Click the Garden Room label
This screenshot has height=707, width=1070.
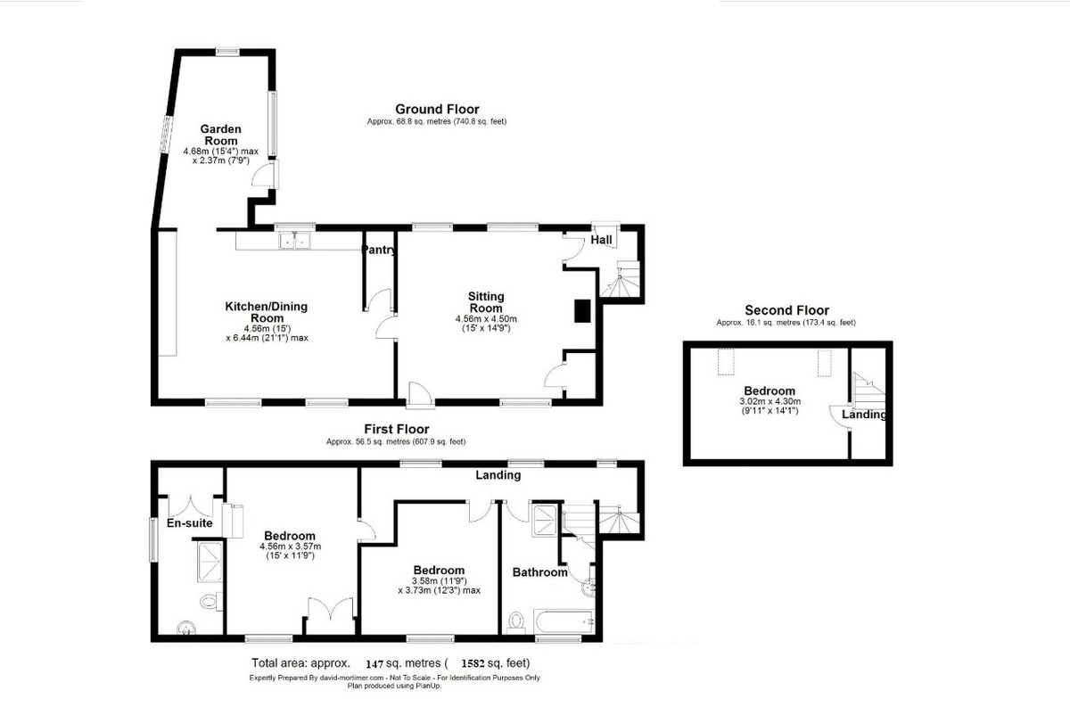coord(221,135)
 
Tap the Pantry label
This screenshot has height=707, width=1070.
coord(379,250)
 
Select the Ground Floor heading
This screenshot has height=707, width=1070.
coord(437,109)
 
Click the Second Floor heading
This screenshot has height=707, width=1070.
coord(786,310)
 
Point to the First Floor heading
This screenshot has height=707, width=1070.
coord(397,429)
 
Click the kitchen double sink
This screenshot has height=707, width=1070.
coord(295,241)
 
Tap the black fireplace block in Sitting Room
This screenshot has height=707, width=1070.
coord(581,310)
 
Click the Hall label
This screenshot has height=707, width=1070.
coord(601,240)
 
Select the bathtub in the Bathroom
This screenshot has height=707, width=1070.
coord(564,622)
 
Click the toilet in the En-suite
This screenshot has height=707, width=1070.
coord(211,601)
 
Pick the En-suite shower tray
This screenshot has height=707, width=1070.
coord(210,562)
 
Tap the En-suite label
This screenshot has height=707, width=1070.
coord(190,523)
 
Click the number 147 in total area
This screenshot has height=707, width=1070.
coord(375,663)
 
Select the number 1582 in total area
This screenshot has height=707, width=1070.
coord(473,663)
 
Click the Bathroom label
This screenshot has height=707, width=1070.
coord(539,572)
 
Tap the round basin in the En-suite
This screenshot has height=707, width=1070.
coord(185,628)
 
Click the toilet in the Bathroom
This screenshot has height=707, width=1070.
coord(516,623)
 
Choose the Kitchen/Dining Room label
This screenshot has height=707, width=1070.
coord(267,312)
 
